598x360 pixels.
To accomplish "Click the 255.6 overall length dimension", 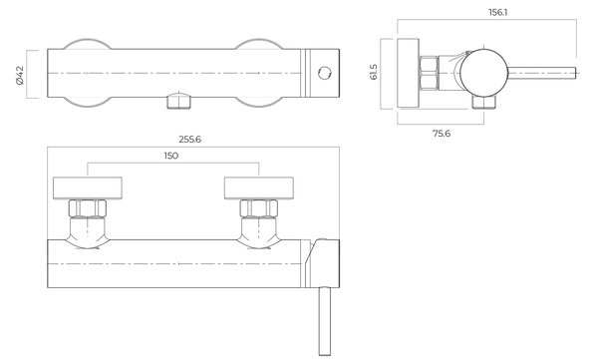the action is pyautogui.click(x=190, y=140).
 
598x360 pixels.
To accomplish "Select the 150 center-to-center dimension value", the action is pyautogui.click(x=171, y=156).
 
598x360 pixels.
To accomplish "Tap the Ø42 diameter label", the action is pyautogui.click(x=20, y=75).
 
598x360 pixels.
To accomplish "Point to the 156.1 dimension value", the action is pyautogui.click(x=498, y=12).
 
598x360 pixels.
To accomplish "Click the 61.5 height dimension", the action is pyautogui.click(x=374, y=72).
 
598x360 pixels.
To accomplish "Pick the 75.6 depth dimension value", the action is pyautogui.click(x=442, y=134).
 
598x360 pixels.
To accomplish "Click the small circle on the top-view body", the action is pyautogui.click(x=325, y=73).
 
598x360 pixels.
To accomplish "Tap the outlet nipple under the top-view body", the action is pyautogui.click(x=178, y=101).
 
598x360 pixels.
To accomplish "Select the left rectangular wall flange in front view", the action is pyautogui.click(x=88, y=187).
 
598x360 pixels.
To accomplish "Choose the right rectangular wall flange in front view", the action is pyautogui.click(x=259, y=187).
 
